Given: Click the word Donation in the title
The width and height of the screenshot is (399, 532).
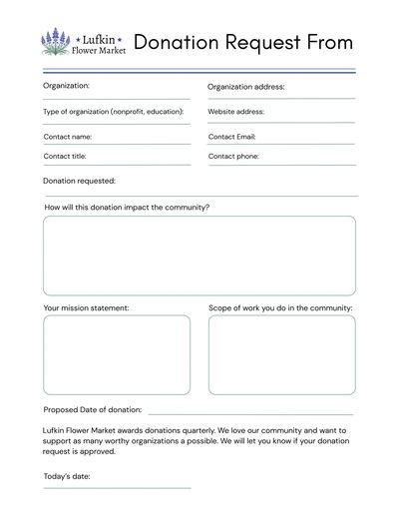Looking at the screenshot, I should (x=178, y=42).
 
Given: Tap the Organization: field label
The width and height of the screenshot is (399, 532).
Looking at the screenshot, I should (x=66, y=86).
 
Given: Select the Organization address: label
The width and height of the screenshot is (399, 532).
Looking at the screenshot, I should (x=246, y=87).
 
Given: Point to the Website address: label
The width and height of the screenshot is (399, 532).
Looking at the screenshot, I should (x=236, y=111).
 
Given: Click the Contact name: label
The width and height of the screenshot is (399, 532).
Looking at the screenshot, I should (x=68, y=136).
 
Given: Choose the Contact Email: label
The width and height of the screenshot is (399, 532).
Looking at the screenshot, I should (x=232, y=136).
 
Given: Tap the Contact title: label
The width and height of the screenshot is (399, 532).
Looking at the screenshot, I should (x=65, y=157).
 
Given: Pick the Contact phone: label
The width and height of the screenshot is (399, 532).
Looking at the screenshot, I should (x=233, y=157).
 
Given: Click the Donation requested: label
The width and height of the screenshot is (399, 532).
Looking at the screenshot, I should (x=80, y=181).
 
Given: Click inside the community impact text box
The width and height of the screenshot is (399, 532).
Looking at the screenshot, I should (x=199, y=256).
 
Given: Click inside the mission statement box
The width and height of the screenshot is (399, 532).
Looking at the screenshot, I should (x=116, y=354).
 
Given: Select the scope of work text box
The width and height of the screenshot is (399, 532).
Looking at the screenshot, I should (x=281, y=354).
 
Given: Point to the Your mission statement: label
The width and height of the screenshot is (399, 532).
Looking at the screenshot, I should (x=86, y=308).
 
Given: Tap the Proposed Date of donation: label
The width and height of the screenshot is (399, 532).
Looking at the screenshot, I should (x=93, y=409).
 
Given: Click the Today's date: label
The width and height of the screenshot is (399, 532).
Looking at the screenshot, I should (x=67, y=476).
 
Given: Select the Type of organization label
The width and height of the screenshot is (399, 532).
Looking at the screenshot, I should (x=114, y=111).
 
